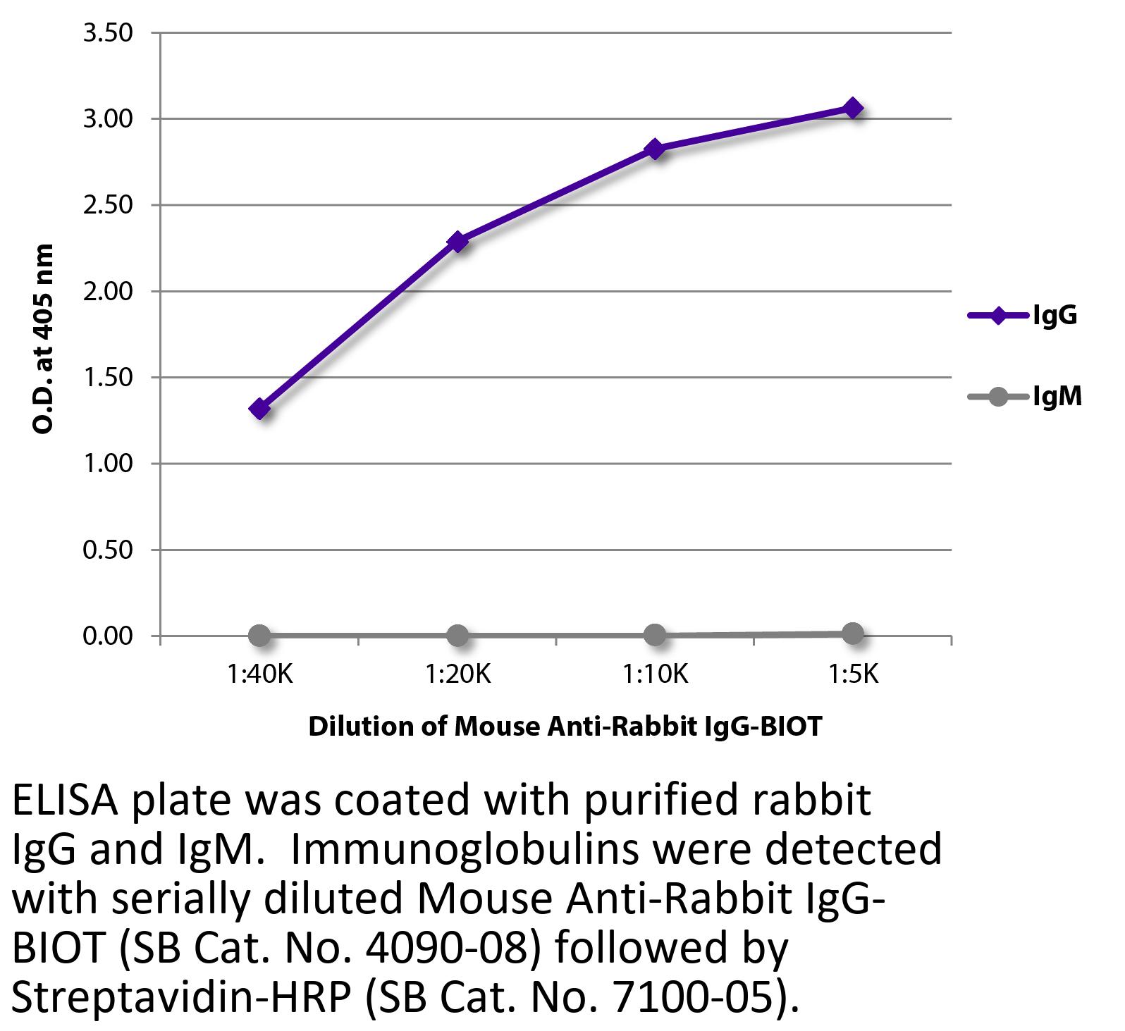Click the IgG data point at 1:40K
(x=259, y=409)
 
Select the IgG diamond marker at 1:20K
(x=457, y=242)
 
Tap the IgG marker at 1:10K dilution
(x=655, y=149)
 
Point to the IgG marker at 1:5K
(x=853, y=109)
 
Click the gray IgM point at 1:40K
(x=259, y=636)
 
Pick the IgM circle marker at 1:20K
(x=457, y=636)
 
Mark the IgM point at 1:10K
(x=655, y=635)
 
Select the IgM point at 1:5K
(x=853, y=634)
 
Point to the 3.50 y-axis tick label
(x=108, y=33)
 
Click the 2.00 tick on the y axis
(x=108, y=292)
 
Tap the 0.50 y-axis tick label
(x=108, y=550)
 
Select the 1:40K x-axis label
(x=259, y=675)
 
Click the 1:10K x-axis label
(x=655, y=675)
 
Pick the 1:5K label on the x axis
(x=853, y=675)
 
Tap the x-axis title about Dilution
(x=565, y=726)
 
